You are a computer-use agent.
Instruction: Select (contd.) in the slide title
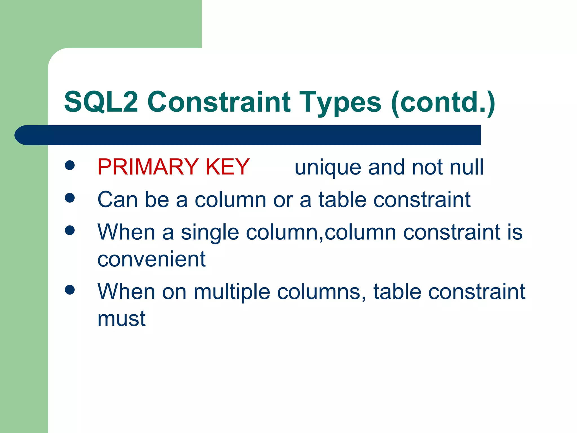tap(443, 102)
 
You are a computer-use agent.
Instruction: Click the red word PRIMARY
tap(148, 167)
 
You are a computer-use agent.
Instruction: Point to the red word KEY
tap(228, 167)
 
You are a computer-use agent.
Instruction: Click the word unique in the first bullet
tap(328, 167)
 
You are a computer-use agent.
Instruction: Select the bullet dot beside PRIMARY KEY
tap(70, 165)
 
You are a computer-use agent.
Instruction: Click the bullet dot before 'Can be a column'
tap(70, 198)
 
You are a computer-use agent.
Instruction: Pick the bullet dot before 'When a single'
tap(70, 230)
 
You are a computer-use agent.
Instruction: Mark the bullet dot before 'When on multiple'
tap(70, 290)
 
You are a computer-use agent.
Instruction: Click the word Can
tap(118, 200)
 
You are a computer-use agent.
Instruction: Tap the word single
tap(210, 233)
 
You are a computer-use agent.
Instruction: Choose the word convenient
tap(151, 259)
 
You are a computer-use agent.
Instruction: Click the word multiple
tap(232, 292)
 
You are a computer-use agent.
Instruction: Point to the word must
tap(121, 319)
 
